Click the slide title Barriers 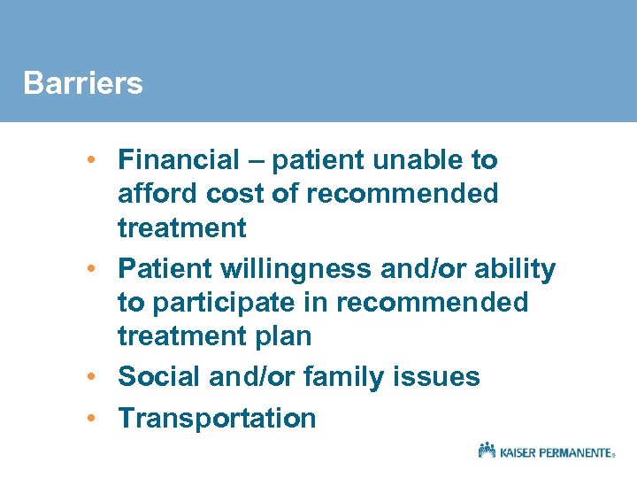82,83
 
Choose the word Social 159,376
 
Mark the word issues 437,376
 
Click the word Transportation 217,417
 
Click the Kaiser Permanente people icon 487,450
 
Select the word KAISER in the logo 518,452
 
